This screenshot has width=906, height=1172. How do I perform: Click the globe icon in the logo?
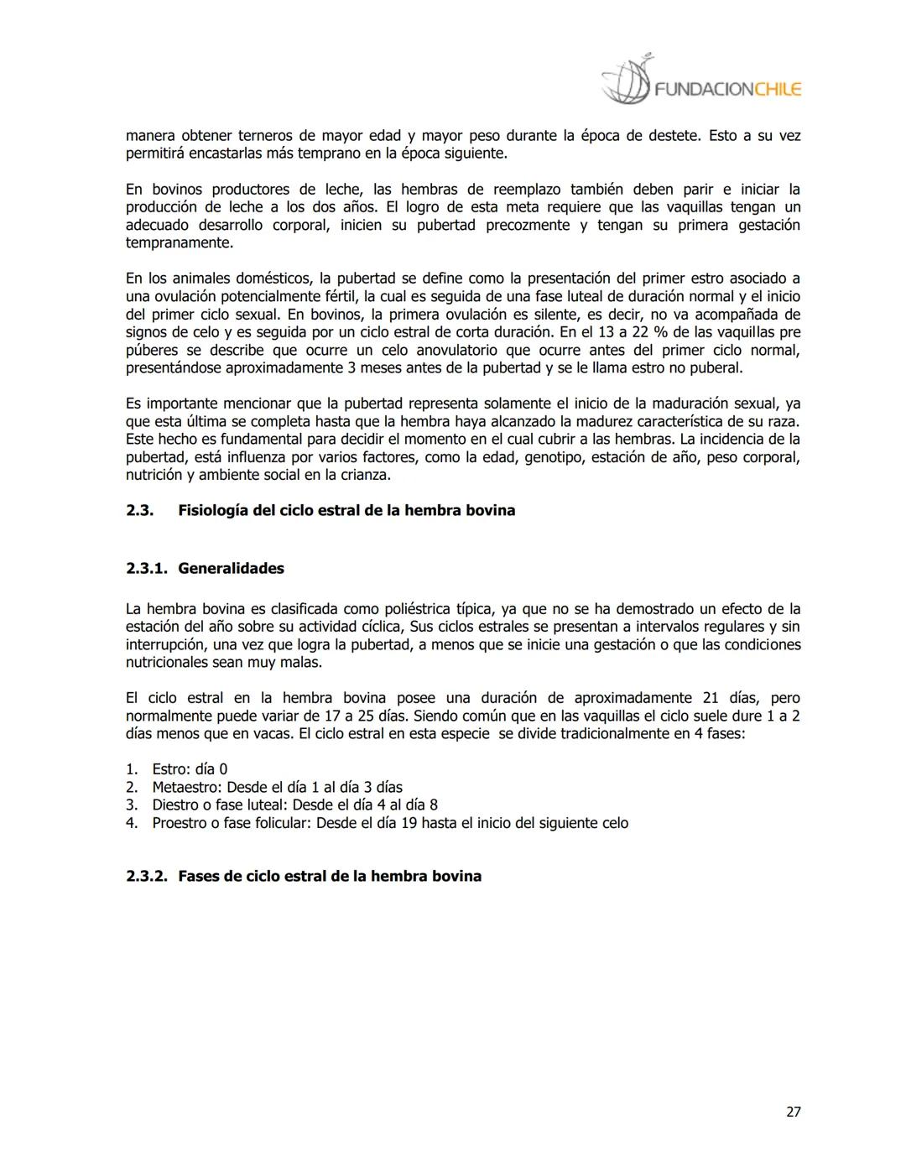click(x=626, y=82)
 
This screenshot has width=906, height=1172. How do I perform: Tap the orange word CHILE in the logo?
click(x=778, y=90)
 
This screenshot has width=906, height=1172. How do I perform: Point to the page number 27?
click(x=793, y=1112)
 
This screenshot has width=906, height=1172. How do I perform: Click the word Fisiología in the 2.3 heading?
click(x=212, y=510)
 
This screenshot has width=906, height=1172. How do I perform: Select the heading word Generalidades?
click(x=231, y=569)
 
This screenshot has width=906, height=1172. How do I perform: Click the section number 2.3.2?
click(x=146, y=876)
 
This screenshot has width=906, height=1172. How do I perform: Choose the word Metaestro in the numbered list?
click(x=186, y=787)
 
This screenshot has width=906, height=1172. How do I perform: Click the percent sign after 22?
click(x=660, y=332)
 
